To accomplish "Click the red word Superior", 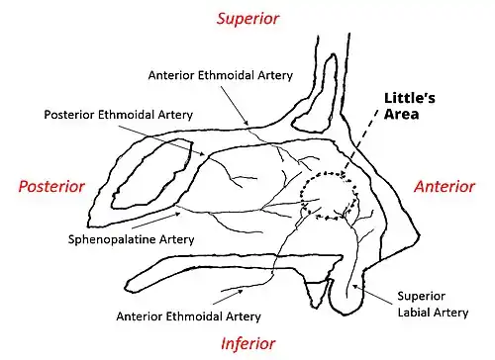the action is point(247,19).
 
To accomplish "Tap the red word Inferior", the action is point(247,343).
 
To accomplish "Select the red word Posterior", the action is point(51,186).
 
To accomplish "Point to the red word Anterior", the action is point(445,186).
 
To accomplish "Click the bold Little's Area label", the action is point(409,106).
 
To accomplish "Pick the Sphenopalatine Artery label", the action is point(131,239).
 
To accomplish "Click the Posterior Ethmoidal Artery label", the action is point(119,115).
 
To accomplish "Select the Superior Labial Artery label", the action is point(433,304).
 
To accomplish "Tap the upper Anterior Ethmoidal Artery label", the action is point(221,75).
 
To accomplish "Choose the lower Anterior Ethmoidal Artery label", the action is point(188,316).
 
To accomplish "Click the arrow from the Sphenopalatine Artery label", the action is point(156,221).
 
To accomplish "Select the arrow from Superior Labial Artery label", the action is point(374,294).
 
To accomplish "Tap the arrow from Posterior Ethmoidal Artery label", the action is point(161,140).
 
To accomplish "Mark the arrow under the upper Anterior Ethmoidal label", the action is point(235,105).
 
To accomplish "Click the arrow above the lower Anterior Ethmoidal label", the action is point(229,297).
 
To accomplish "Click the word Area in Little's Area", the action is point(402,114).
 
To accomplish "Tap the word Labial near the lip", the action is point(414,313).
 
